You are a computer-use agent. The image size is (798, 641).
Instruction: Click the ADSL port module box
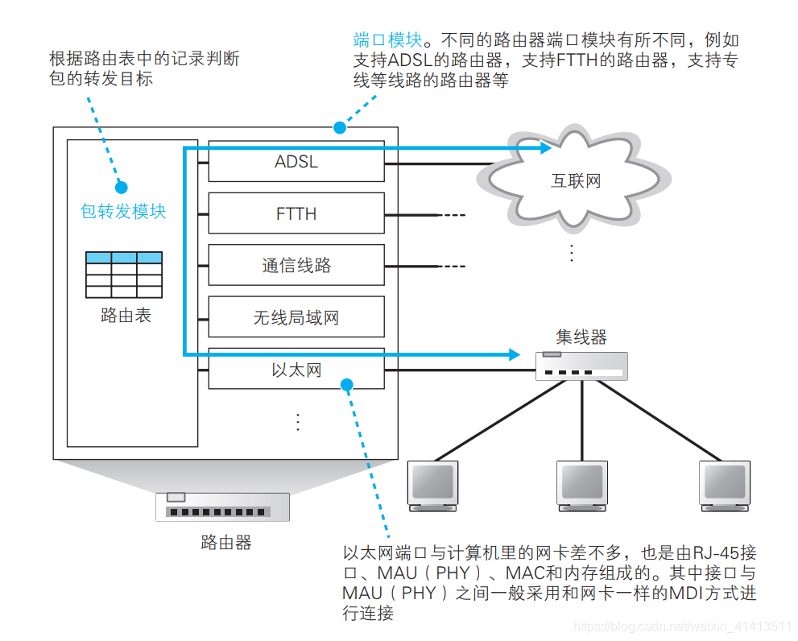click(x=296, y=162)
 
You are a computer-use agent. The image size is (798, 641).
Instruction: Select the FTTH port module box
click(x=296, y=214)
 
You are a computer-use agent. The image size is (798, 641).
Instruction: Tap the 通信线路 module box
click(x=296, y=266)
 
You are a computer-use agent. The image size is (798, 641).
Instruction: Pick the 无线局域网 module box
click(x=296, y=317)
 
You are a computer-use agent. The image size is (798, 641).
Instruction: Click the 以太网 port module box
click(x=296, y=370)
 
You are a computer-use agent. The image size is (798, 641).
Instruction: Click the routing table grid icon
click(x=124, y=275)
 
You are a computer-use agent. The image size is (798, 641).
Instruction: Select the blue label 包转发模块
click(x=123, y=211)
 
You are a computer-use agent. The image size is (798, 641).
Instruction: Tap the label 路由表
click(x=125, y=316)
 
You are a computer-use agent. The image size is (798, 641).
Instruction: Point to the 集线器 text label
click(x=581, y=337)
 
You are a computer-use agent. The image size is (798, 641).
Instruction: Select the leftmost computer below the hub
click(x=433, y=486)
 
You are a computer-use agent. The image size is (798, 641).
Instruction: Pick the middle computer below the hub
click(x=581, y=486)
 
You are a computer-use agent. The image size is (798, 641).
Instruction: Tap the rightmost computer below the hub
click(x=724, y=486)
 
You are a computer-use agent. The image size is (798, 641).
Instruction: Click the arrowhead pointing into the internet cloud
click(x=545, y=148)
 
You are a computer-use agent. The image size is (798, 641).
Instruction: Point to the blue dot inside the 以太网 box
click(x=347, y=384)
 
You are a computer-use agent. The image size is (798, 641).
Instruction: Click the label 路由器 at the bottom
click(x=225, y=543)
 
